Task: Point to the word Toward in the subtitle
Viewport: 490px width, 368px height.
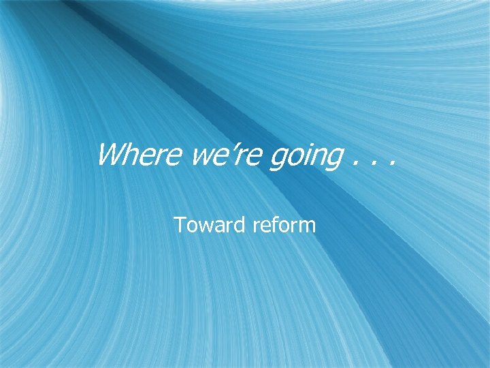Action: click(x=210, y=224)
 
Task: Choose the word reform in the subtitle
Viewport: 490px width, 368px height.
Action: click(x=284, y=224)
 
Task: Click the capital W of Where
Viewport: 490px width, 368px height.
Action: click(x=111, y=156)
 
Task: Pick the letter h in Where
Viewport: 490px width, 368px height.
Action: click(x=131, y=156)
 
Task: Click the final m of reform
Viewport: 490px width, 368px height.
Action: click(x=307, y=226)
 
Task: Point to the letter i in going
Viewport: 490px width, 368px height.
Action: click(x=304, y=156)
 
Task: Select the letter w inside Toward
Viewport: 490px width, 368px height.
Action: click(x=203, y=226)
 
